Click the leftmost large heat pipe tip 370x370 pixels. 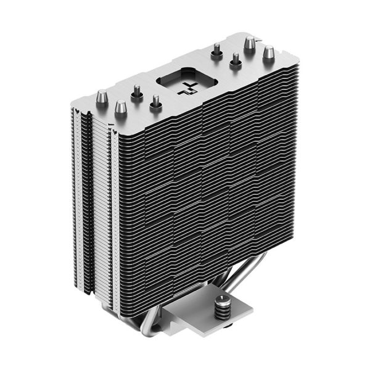click(102, 97)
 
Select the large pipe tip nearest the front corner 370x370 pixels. click(121, 108)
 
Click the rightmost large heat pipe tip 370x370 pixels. click(268, 53)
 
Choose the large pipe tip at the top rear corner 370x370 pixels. click(250, 43)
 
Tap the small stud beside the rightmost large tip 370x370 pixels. click(235, 60)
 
